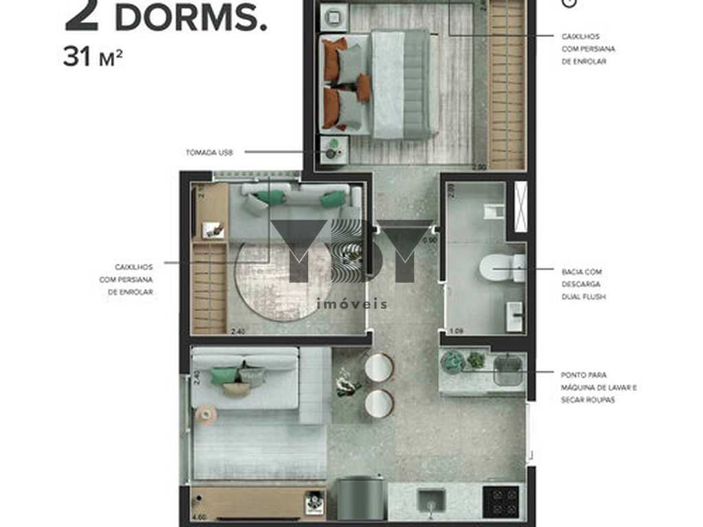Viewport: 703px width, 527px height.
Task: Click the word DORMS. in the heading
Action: tap(190, 19)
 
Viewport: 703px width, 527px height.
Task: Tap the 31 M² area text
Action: tap(93, 58)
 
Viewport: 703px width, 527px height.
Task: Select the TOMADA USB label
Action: tap(209, 152)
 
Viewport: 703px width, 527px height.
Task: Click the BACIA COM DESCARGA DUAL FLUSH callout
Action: tap(583, 284)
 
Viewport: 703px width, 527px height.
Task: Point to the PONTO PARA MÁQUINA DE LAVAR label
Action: tap(598, 387)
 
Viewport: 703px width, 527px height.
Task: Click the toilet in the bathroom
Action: tap(501, 267)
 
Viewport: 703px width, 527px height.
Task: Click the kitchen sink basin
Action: tap(431, 500)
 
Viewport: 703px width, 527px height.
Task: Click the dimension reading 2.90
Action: tap(479, 167)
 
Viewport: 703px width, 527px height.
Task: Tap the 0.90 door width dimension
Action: tap(430, 241)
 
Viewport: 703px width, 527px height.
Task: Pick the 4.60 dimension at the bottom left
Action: tap(199, 516)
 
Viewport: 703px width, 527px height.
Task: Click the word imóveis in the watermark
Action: tap(351, 303)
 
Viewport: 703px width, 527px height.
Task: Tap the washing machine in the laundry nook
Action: tap(507, 371)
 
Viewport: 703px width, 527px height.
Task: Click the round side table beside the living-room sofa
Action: tap(206, 414)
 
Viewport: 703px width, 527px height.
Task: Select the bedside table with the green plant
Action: tap(334, 150)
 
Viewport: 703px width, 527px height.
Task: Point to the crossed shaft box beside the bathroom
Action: tap(520, 205)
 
